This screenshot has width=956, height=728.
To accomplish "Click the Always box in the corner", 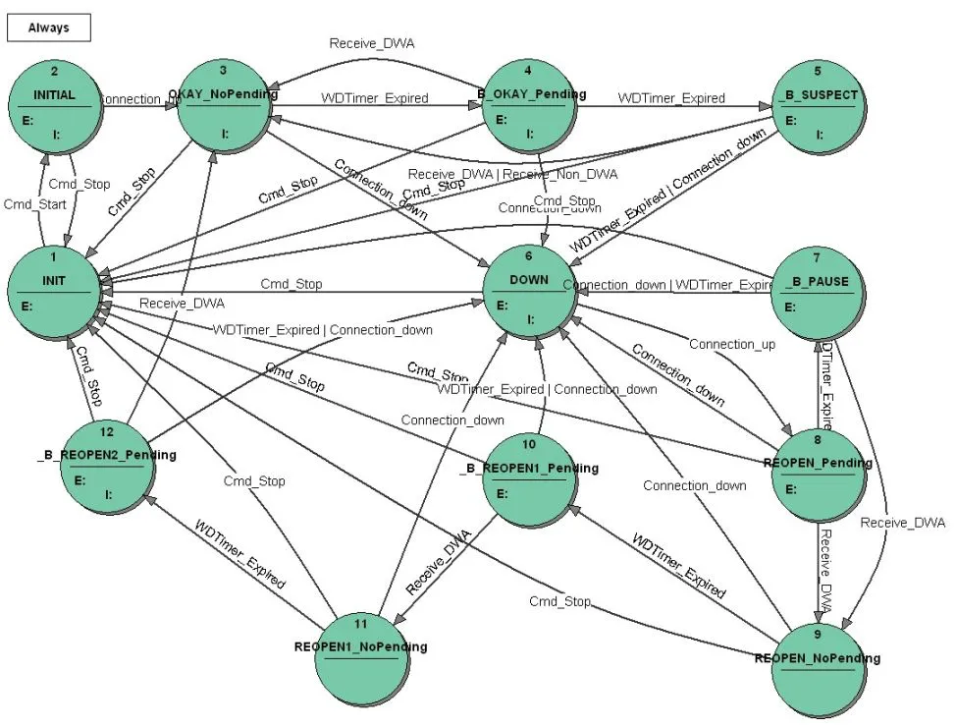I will (x=49, y=28).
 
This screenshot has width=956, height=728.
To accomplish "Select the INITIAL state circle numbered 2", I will (x=55, y=107).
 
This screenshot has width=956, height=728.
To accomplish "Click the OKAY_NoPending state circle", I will (x=223, y=107).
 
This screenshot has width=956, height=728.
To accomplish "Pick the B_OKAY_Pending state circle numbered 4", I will (x=530, y=107).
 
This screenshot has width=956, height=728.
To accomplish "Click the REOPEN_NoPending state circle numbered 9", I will (x=818, y=669).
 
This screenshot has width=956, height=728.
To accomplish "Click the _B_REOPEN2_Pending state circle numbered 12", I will (x=107, y=467).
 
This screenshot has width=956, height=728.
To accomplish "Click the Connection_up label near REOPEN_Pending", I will (x=731, y=344).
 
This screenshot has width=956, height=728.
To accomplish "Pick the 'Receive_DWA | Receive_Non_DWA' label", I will (x=512, y=174).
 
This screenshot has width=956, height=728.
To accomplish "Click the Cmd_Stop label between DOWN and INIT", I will (x=291, y=284).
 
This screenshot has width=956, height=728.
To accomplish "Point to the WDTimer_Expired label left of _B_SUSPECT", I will (x=671, y=98).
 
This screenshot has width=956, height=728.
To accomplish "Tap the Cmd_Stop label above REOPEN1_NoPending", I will (x=254, y=481).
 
